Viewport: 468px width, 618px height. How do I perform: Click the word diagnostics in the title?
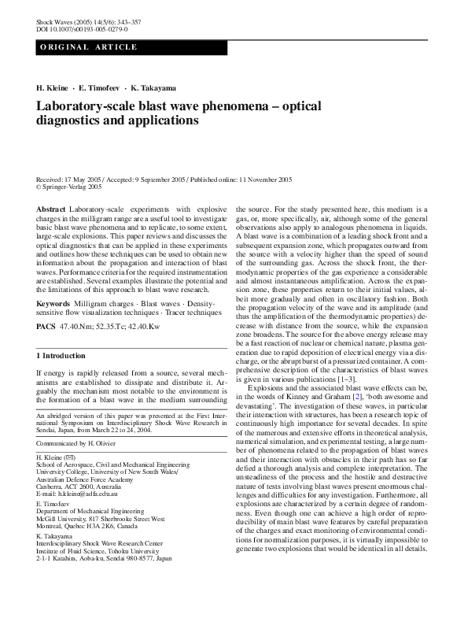(70, 121)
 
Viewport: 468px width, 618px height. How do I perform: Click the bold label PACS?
(46, 325)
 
